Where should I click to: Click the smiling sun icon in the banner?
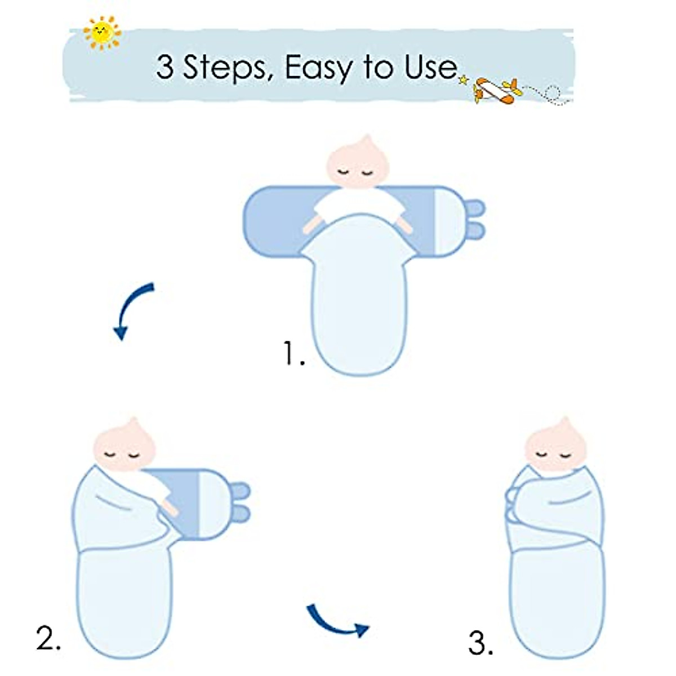tap(102, 32)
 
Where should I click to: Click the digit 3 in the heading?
tap(164, 68)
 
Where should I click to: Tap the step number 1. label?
tap(293, 353)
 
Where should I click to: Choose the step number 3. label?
tap(481, 643)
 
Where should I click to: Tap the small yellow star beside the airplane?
tap(463, 81)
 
